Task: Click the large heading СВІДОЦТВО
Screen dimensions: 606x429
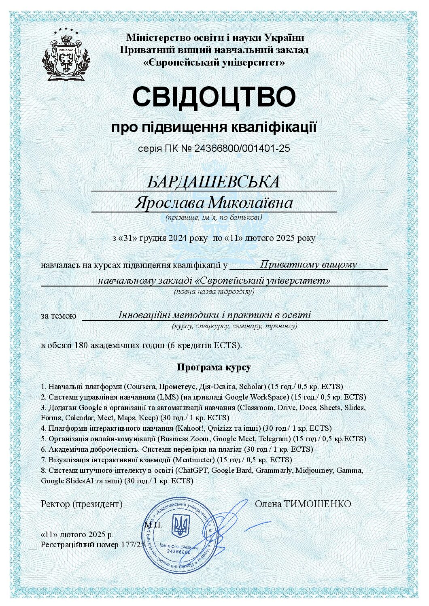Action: point(214,96)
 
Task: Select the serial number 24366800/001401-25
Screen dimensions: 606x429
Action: point(242,149)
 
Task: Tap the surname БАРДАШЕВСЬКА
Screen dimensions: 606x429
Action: point(213,182)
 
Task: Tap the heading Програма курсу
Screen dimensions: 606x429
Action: point(214,367)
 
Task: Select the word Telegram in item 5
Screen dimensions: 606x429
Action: point(274,438)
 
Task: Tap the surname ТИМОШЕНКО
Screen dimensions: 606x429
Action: point(317,504)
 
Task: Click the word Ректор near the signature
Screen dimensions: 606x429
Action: point(55,504)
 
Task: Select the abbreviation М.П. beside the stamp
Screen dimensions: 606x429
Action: point(153,525)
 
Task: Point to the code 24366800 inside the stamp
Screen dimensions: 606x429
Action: point(178,552)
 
